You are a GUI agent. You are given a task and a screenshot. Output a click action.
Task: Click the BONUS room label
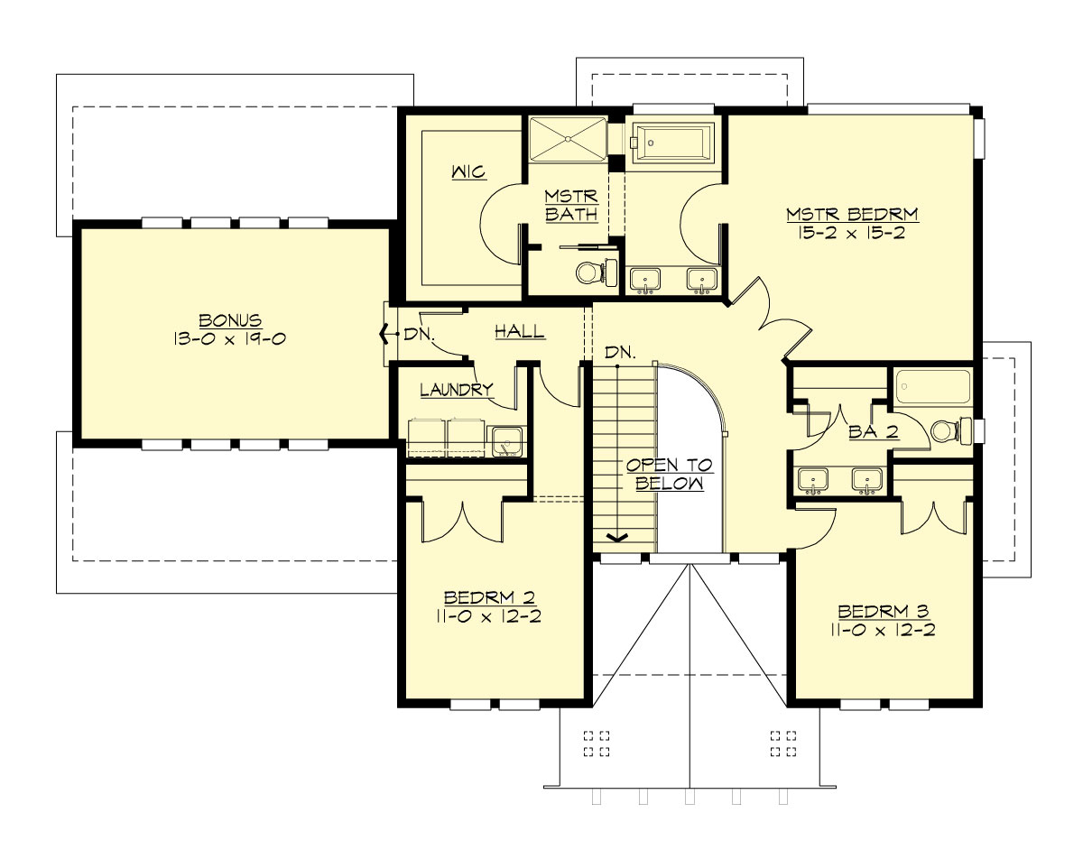(230, 320)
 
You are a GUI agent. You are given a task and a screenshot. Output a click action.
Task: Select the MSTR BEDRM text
(852, 215)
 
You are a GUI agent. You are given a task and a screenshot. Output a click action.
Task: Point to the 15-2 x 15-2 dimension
(852, 233)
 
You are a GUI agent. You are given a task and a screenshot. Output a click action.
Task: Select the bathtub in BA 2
(933, 386)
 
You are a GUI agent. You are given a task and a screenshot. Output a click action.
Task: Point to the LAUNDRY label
(457, 390)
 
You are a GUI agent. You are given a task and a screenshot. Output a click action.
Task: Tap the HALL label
(519, 331)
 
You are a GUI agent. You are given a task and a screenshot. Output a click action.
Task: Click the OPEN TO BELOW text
(670, 474)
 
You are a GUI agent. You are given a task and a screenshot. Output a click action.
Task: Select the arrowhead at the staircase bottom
(617, 538)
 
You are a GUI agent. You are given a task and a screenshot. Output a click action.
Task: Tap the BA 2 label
(873, 432)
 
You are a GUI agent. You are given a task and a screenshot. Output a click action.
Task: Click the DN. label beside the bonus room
(419, 334)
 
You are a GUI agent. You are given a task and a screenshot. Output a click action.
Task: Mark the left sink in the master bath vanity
(644, 279)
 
